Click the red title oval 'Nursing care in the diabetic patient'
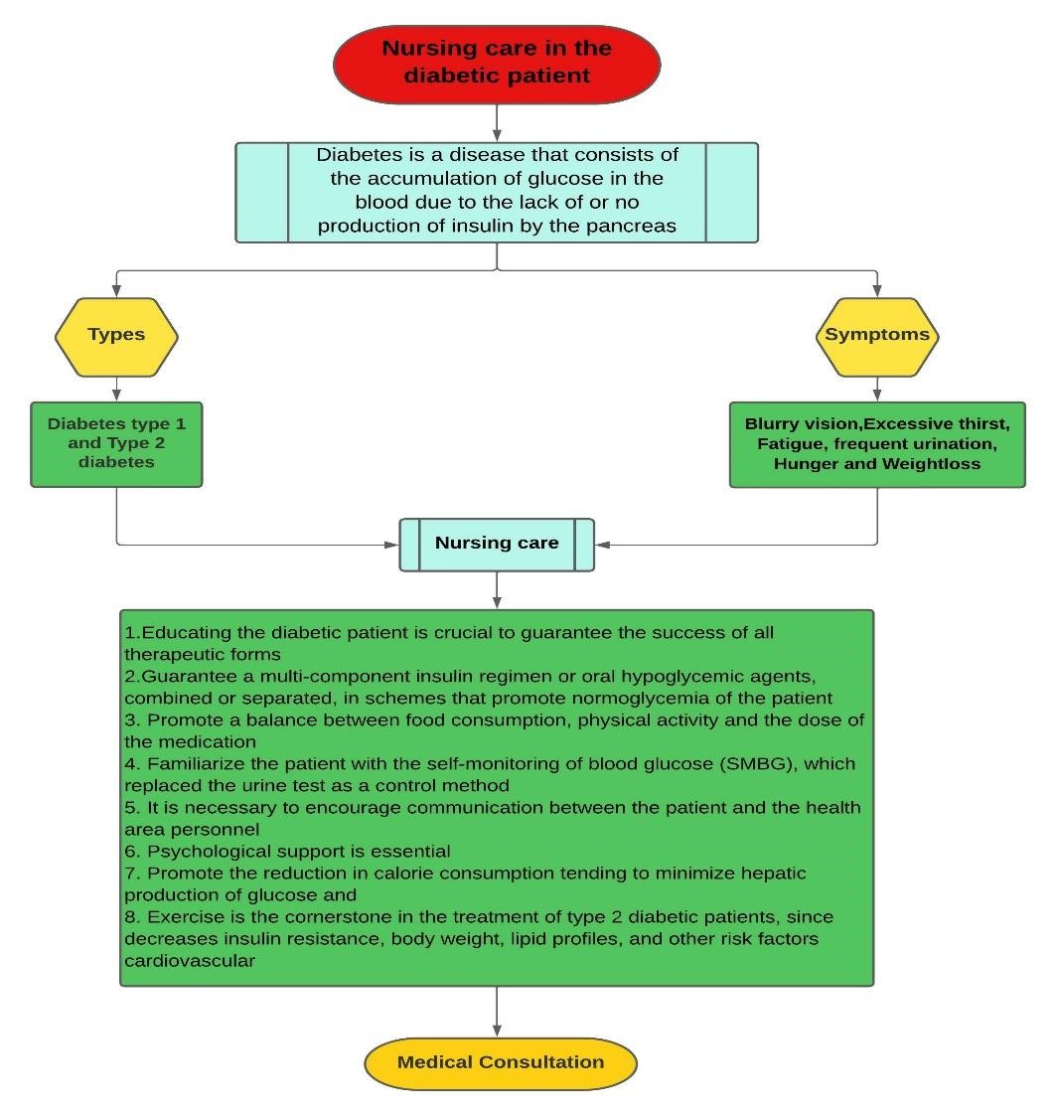496,62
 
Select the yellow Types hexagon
116,336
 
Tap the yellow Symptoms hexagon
877,336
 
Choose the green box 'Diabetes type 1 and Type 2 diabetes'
116,443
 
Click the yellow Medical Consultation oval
500,1062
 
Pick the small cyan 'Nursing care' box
497,544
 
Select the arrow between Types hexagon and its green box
116,389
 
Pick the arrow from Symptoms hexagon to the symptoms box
877,389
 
